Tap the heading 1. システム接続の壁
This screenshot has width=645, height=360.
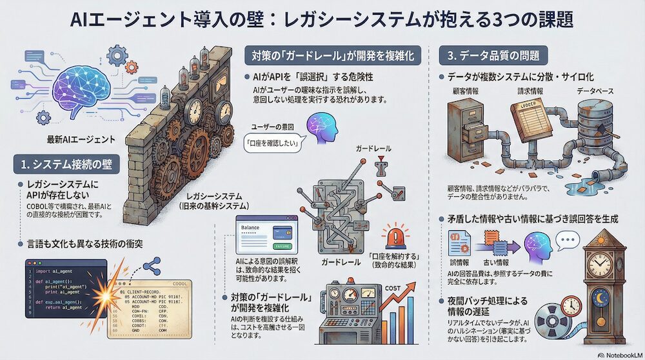point(66,164)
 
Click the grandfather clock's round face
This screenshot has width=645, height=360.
point(599,265)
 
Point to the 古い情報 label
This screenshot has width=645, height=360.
point(496,263)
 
